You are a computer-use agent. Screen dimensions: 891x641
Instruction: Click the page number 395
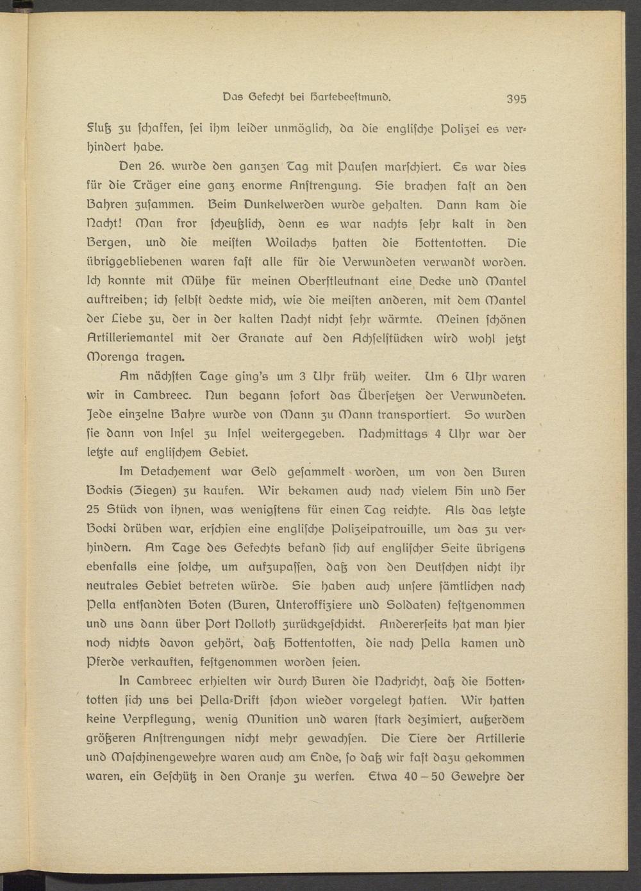tap(516, 99)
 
